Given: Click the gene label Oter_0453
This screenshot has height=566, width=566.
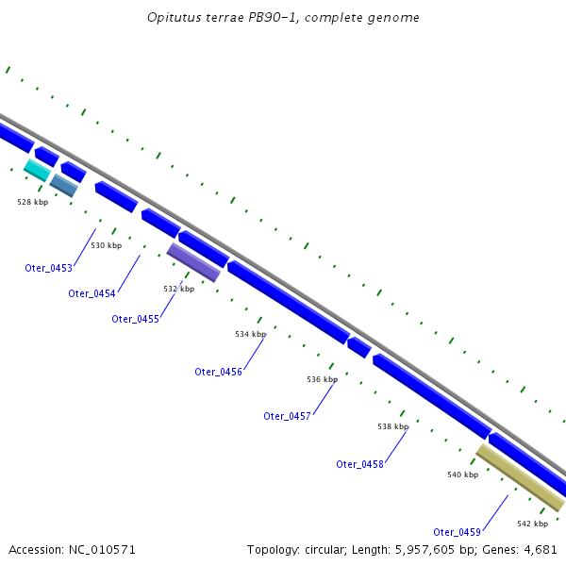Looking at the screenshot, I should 48,268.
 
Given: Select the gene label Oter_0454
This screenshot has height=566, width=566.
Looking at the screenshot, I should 92,293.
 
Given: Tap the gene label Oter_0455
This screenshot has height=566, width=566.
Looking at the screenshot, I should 135,319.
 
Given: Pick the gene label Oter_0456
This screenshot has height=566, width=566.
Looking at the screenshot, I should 219,372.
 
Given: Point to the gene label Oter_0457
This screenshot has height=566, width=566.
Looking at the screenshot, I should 287,416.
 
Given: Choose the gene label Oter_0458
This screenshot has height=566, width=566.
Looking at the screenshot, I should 359,464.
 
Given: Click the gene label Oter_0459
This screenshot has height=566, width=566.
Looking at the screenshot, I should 457,532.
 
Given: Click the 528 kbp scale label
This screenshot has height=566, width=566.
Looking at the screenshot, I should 32,202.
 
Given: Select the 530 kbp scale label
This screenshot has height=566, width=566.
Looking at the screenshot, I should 106,245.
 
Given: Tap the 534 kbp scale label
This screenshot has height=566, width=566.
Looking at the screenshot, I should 250,334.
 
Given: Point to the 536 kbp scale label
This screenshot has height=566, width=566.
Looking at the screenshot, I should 322,379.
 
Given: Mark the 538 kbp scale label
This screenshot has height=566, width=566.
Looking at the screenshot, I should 392,426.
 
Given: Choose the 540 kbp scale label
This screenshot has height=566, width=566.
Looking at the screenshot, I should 462,474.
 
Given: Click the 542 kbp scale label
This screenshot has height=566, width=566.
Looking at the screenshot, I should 532,524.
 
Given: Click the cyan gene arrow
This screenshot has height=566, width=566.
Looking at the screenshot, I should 36,170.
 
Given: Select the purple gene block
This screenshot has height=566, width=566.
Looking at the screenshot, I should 193,262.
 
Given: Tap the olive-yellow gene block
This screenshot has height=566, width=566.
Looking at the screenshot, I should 520,478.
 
